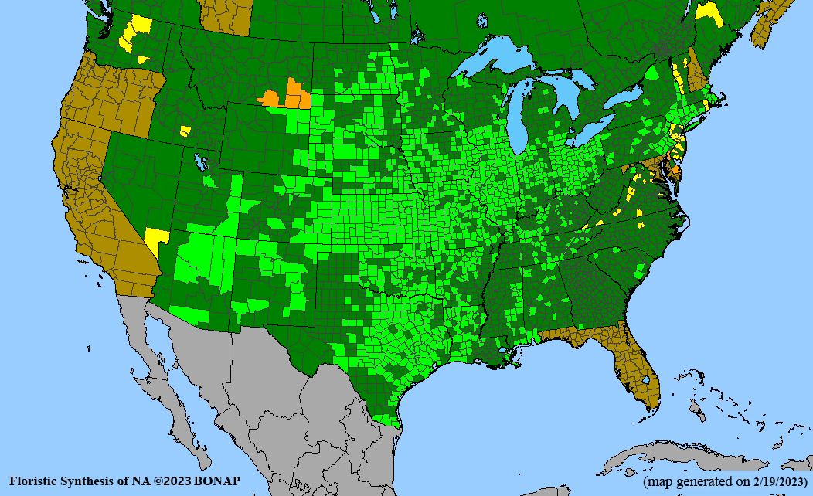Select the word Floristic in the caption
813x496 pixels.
coord(35,481)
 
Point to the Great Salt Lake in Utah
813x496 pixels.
coord(202,161)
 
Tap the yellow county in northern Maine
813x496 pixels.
coord(707,11)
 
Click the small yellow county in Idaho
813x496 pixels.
coord(184,131)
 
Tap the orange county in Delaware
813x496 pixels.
coord(675,169)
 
